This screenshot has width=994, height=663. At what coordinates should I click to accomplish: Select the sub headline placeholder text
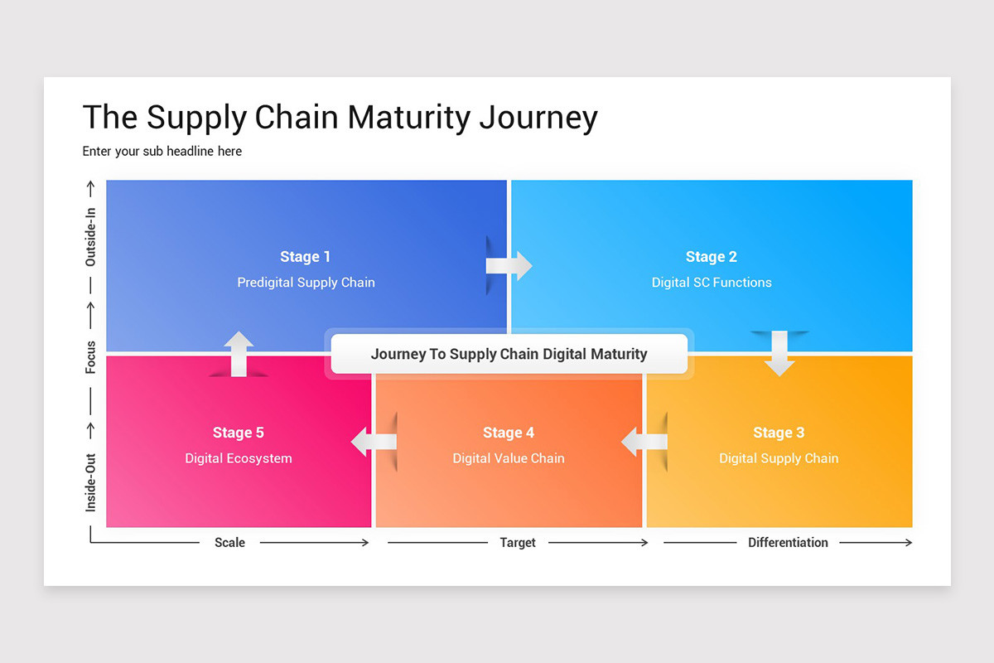[x=162, y=151]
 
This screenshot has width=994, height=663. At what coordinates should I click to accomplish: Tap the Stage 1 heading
[x=305, y=257]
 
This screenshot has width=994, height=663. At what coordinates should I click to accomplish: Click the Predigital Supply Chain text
[x=306, y=283]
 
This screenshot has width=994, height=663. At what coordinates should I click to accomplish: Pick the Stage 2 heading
[x=711, y=257]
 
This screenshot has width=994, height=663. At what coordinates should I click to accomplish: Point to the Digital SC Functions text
[x=711, y=283]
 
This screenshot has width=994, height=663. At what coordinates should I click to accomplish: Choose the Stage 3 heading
[x=779, y=433]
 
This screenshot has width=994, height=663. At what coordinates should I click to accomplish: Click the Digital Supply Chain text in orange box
[x=779, y=458]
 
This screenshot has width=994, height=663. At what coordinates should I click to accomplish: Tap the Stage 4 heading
[x=509, y=433]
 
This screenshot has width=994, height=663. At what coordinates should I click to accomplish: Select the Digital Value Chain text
[x=509, y=458]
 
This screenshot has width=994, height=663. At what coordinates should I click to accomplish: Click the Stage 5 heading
[x=238, y=433]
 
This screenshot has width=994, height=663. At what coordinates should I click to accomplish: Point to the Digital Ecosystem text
[x=238, y=458]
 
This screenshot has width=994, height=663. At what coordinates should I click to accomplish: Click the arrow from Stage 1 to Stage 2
[x=509, y=266]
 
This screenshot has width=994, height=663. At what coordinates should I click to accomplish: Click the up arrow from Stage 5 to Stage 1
[x=239, y=354]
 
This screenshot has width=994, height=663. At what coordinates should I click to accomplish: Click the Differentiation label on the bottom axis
[x=788, y=543]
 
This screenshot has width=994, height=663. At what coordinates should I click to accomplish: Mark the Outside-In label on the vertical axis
[x=91, y=237]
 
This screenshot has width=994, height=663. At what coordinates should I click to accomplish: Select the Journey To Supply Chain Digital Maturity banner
[x=509, y=354]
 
